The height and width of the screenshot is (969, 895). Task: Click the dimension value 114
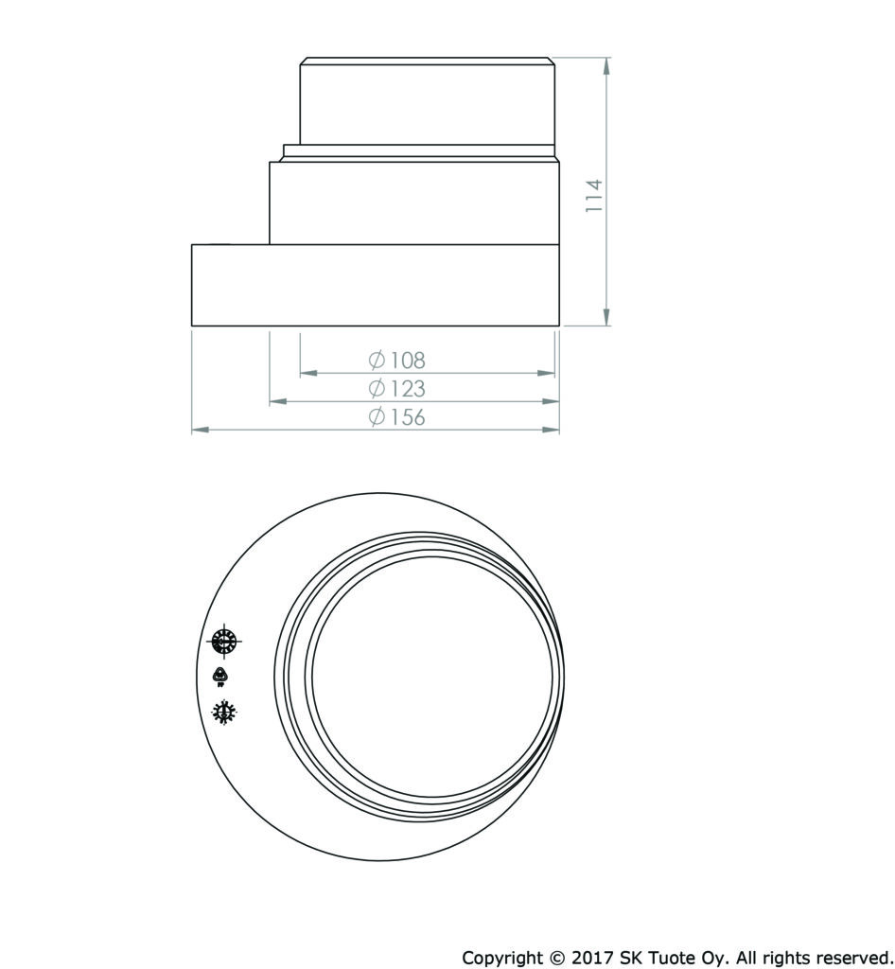coord(594,195)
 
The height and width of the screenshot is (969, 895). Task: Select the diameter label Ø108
coord(397,360)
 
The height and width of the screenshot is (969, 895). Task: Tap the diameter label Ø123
coord(397,388)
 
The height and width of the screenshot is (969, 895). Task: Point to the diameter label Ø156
coord(397,417)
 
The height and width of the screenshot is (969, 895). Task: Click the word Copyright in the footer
coord(502,959)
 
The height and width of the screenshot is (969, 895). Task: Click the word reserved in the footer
coord(852,958)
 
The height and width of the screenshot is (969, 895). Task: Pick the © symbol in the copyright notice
coord(557,958)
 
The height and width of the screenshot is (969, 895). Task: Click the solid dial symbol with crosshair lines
coord(223,642)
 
